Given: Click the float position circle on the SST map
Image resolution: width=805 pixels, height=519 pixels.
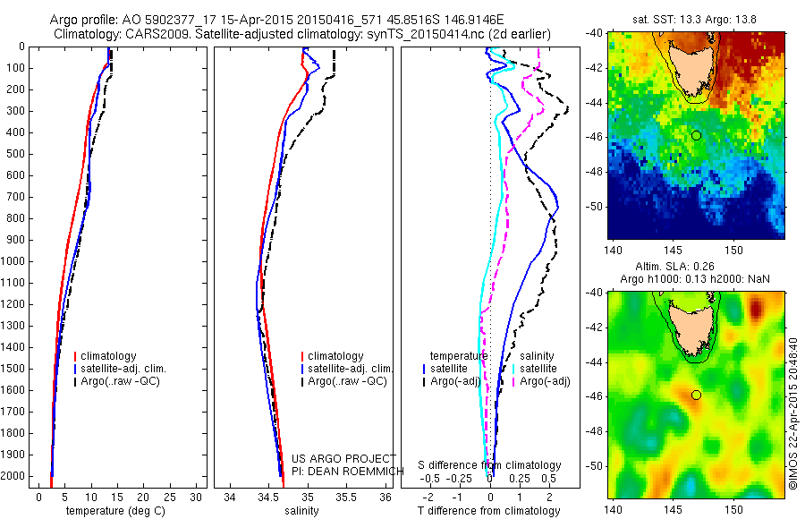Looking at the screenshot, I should point(696,135).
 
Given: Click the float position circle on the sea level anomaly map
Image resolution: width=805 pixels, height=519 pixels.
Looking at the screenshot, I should point(696,395).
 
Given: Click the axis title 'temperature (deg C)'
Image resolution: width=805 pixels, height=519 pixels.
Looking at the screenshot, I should point(112,511).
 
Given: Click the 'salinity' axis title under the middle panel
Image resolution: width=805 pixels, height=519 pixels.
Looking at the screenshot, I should point(301,511).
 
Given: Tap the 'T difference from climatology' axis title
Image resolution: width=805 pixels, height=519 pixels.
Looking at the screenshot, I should point(488,511).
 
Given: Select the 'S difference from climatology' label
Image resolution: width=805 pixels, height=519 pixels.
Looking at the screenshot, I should point(490,465).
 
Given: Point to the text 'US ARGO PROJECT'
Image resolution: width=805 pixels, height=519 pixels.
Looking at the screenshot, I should point(343,458).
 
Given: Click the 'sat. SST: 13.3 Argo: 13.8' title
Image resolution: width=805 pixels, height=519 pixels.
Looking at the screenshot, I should point(696,19).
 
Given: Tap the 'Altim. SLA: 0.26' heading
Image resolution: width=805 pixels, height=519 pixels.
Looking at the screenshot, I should point(696,268).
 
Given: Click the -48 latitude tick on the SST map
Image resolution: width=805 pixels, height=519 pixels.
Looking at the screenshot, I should point(597,171).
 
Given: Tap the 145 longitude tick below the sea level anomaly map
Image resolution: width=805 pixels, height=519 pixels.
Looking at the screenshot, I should point(674,510).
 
